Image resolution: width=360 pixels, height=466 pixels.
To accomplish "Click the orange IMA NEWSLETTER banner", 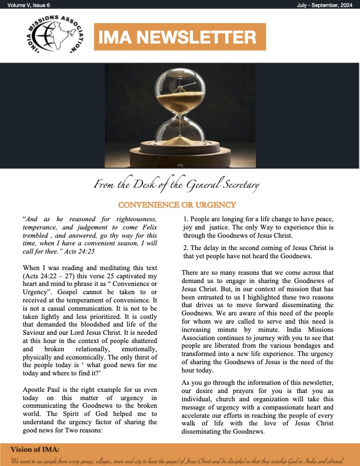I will (178, 37).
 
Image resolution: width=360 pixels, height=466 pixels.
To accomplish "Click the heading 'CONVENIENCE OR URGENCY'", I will (177, 205).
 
